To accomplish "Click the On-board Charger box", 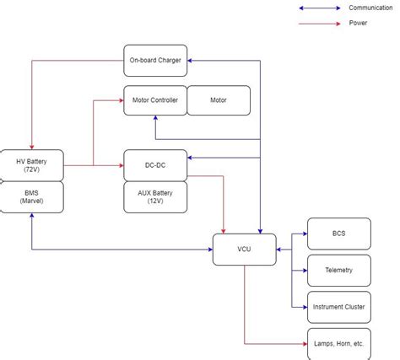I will [x=155, y=61].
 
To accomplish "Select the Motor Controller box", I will [x=154, y=100].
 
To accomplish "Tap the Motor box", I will [x=218, y=100].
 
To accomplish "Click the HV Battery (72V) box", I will [x=31, y=165].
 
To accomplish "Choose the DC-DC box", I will [x=154, y=165].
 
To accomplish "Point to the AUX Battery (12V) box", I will [x=154, y=197].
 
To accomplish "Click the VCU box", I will [x=244, y=250].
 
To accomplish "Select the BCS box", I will [x=338, y=234].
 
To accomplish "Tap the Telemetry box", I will [x=338, y=270].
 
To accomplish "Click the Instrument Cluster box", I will [x=338, y=307].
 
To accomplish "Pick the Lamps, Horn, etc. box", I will [x=338, y=344].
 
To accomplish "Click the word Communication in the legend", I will [x=370, y=8].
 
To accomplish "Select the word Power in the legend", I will [x=358, y=23].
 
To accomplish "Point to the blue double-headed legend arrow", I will [x=320, y=8].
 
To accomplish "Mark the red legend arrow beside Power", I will [x=320, y=23].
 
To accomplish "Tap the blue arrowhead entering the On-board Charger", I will [x=191, y=61].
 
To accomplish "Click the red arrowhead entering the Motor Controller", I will [x=120, y=100].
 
